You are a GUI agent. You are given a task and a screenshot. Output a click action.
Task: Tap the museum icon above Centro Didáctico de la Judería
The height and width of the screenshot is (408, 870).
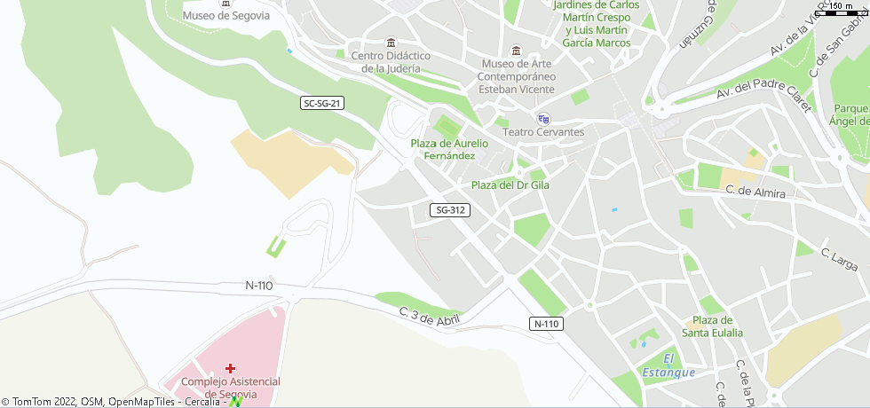(x=391, y=43)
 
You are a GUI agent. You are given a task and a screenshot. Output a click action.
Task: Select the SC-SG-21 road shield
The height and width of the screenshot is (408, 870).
(x=322, y=104)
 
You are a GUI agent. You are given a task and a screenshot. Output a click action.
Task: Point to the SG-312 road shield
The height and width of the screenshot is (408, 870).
(x=449, y=210)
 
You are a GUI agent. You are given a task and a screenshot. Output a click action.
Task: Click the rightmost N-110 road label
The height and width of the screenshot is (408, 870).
(x=547, y=324)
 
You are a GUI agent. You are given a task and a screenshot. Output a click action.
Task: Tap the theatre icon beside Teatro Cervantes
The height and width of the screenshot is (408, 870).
(x=543, y=119)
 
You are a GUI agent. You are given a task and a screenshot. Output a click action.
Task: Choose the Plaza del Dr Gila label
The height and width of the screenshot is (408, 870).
(x=510, y=185)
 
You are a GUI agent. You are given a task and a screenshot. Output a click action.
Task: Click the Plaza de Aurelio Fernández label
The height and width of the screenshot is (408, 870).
(x=449, y=149)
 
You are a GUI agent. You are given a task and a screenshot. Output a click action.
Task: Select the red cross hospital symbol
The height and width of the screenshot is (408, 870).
(x=230, y=367)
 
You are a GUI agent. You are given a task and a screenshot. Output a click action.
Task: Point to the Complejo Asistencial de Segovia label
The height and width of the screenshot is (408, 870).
(x=230, y=388)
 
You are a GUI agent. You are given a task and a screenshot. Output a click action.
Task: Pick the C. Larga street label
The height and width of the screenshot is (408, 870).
(x=839, y=259)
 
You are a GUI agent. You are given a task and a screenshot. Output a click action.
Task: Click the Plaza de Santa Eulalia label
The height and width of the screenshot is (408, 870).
(x=712, y=326)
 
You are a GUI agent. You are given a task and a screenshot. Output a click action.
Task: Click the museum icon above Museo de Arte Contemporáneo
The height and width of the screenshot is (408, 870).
(x=517, y=49)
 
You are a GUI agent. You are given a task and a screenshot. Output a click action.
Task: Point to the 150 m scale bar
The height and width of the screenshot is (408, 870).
(x=843, y=10)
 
